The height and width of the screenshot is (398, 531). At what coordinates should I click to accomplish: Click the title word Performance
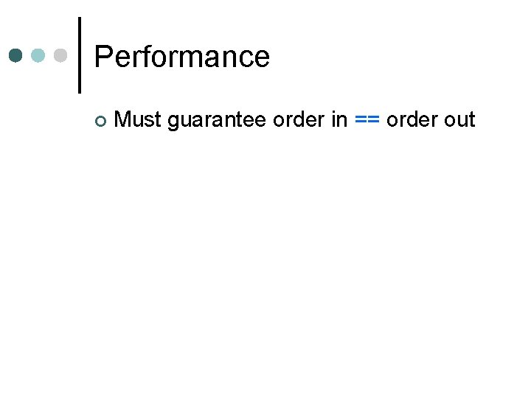tap(182, 57)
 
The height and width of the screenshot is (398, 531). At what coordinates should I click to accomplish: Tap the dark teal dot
tap(16, 55)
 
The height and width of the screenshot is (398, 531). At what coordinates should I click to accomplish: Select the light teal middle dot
tap(38, 55)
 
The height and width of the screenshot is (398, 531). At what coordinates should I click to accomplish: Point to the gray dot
tap(60, 55)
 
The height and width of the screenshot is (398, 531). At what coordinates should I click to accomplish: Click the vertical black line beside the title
tap(79, 55)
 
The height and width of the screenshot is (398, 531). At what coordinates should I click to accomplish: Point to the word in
tap(339, 119)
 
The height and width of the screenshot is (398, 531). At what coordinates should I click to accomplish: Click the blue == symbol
tap(367, 120)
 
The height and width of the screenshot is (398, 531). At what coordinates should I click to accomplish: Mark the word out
tap(459, 119)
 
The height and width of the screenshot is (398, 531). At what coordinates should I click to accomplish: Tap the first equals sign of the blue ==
tap(361, 120)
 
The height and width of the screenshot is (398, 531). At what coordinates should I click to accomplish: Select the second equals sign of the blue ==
tap(374, 120)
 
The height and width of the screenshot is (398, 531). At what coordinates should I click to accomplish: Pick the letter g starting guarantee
tap(173, 122)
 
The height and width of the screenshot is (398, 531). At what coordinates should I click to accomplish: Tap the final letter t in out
tap(472, 119)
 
